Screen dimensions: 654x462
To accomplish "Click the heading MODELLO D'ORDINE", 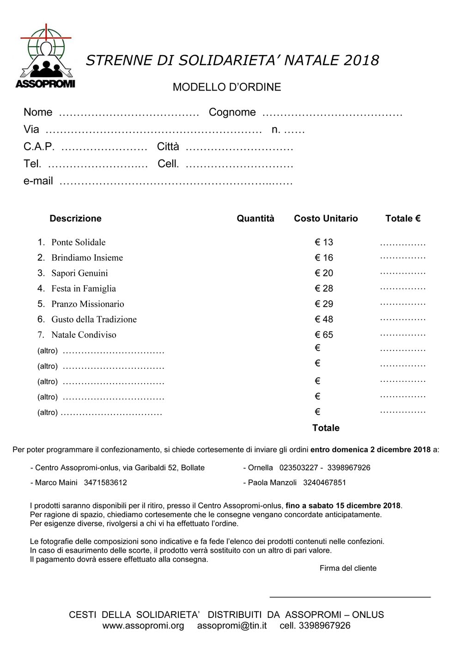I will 226,87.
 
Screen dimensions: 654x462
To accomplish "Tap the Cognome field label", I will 232,112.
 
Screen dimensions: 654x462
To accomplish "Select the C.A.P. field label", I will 39,147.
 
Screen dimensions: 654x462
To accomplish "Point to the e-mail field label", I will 38,181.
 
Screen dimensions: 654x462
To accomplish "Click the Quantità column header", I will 255,219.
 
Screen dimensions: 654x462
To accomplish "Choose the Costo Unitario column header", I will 326,219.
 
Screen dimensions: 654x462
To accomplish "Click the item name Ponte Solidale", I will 78,242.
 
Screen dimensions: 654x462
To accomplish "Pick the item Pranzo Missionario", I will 87,304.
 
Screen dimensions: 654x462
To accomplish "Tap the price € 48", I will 324,319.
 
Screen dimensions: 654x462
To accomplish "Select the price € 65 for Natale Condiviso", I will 324,335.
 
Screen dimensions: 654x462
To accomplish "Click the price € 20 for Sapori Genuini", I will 324,273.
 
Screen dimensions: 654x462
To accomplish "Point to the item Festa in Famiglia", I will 83,289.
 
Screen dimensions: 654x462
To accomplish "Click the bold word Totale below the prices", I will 326,428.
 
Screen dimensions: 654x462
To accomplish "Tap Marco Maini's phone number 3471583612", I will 105,483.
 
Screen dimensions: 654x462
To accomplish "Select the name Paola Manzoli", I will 272,483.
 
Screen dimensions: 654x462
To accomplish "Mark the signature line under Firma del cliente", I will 350,597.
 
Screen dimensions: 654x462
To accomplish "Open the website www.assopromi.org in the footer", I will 143,626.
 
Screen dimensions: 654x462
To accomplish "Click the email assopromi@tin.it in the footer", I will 231,626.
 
